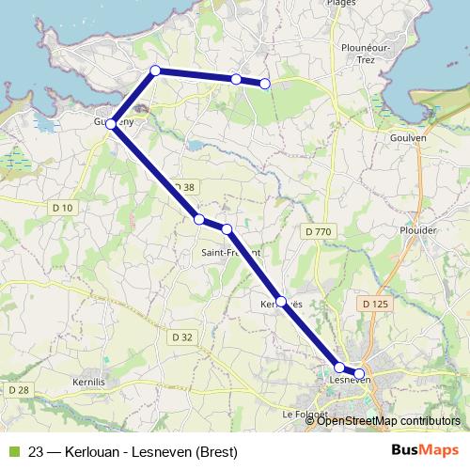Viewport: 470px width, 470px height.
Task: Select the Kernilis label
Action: click(93, 383)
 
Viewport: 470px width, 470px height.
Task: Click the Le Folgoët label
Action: click(304, 414)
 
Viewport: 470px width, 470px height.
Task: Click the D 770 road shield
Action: click(319, 230)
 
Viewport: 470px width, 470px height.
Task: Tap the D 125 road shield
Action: click(375, 303)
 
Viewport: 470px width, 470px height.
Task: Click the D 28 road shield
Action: click(19, 389)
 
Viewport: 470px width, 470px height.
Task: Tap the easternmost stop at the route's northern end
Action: click(265, 84)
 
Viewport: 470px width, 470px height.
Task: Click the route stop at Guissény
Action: click(111, 123)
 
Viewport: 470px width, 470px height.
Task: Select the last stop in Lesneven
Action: click(359, 373)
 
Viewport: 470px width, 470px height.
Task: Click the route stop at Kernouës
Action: click(280, 301)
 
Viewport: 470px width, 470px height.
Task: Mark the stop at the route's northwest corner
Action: click(156, 70)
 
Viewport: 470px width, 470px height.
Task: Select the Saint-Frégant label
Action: click(231, 253)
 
